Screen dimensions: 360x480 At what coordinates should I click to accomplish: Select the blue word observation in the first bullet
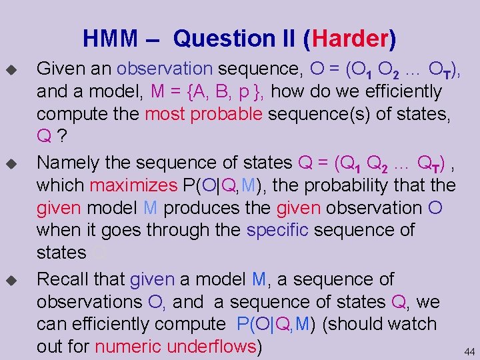[x=165, y=68]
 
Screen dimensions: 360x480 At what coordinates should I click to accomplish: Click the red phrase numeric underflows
[x=176, y=347]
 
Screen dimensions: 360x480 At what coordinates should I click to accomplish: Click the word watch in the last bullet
[x=409, y=324]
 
